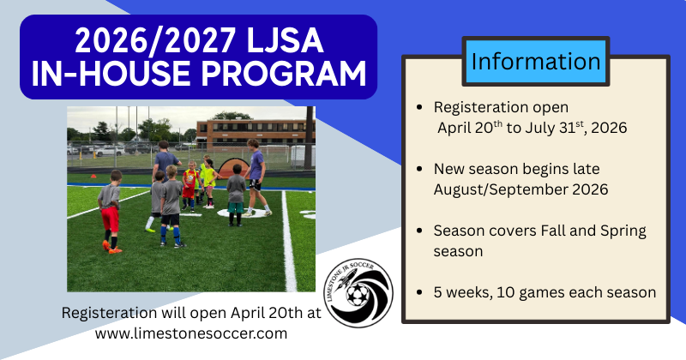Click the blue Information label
[536, 62]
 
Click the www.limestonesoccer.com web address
[191, 333]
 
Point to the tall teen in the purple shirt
[256, 171]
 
